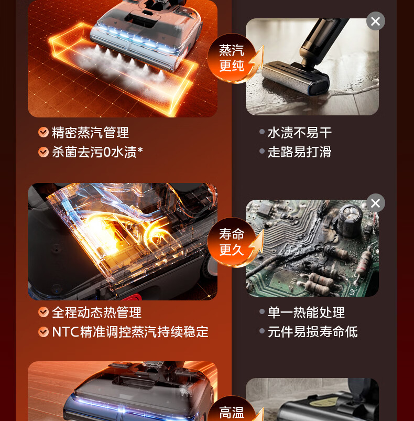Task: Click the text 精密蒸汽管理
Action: tap(91, 133)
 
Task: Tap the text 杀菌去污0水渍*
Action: tap(97, 152)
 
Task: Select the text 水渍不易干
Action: tap(300, 133)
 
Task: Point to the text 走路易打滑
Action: tap(300, 152)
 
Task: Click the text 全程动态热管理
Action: tap(96, 312)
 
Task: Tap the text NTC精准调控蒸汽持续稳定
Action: tap(130, 332)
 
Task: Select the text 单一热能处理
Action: tap(306, 312)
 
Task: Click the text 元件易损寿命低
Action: tap(312, 332)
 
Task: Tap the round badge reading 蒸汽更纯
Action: tap(232, 58)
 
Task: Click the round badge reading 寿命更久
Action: tap(232, 242)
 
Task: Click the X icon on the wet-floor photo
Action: tap(376, 21)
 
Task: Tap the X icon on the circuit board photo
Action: tap(376, 203)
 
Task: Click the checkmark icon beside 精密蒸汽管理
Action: tap(43, 132)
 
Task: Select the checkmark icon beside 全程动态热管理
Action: tap(43, 312)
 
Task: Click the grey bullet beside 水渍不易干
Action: tap(262, 132)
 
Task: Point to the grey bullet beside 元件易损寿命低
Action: tap(262, 331)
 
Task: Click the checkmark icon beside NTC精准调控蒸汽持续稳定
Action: tap(43, 332)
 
